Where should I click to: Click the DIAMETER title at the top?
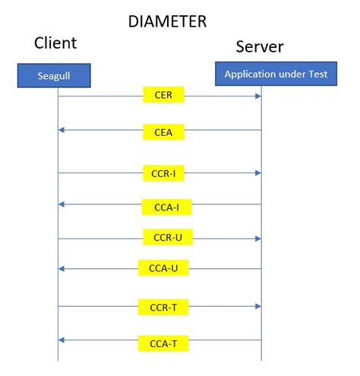tap(166, 21)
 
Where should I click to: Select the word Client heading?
tap(55, 43)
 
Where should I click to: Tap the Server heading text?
tap(259, 46)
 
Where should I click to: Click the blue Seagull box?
tap(55, 75)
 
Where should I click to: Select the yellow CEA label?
tap(163, 131)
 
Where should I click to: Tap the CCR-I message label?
tap(163, 173)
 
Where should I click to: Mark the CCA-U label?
tap(163, 269)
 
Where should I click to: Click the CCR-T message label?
tap(163, 308)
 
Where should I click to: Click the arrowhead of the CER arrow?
tap(258, 96)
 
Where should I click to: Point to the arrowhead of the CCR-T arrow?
tap(258, 307)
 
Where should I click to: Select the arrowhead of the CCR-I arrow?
tap(258, 173)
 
